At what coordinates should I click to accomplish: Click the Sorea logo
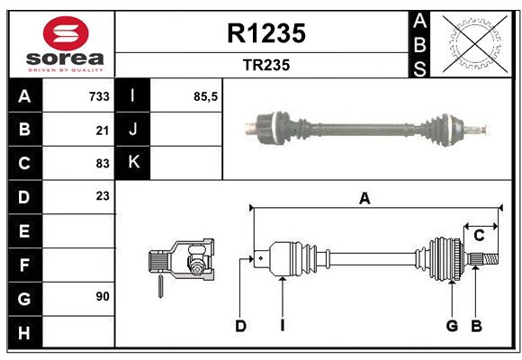tap(62, 43)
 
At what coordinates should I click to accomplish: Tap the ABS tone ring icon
tap(473, 43)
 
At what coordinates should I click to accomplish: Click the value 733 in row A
tap(99, 96)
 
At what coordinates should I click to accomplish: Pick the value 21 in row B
tap(103, 130)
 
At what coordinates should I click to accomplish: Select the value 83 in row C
tap(103, 163)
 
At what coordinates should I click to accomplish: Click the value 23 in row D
tap(103, 196)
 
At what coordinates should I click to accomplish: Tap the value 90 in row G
tap(103, 296)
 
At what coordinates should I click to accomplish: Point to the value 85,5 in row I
tap(206, 96)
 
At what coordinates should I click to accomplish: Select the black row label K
tap(134, 163)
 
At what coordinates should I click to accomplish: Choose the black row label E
tap(23, 230)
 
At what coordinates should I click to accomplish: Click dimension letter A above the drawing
tap(364, 199)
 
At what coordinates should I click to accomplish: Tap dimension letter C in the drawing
tap(480, 236)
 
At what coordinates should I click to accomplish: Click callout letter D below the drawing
tap(240, 326)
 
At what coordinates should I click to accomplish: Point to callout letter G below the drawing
tap(452, 326)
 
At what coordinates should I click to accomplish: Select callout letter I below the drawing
tap(282, 326)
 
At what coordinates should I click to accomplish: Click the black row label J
tap(134, 130)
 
